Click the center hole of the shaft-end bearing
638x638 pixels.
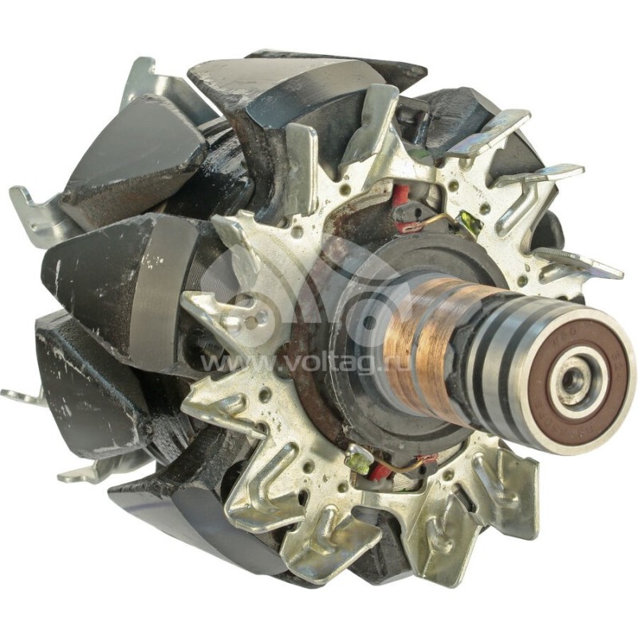(x=571, y=381)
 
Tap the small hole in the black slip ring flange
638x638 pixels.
(x=368, y=322)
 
